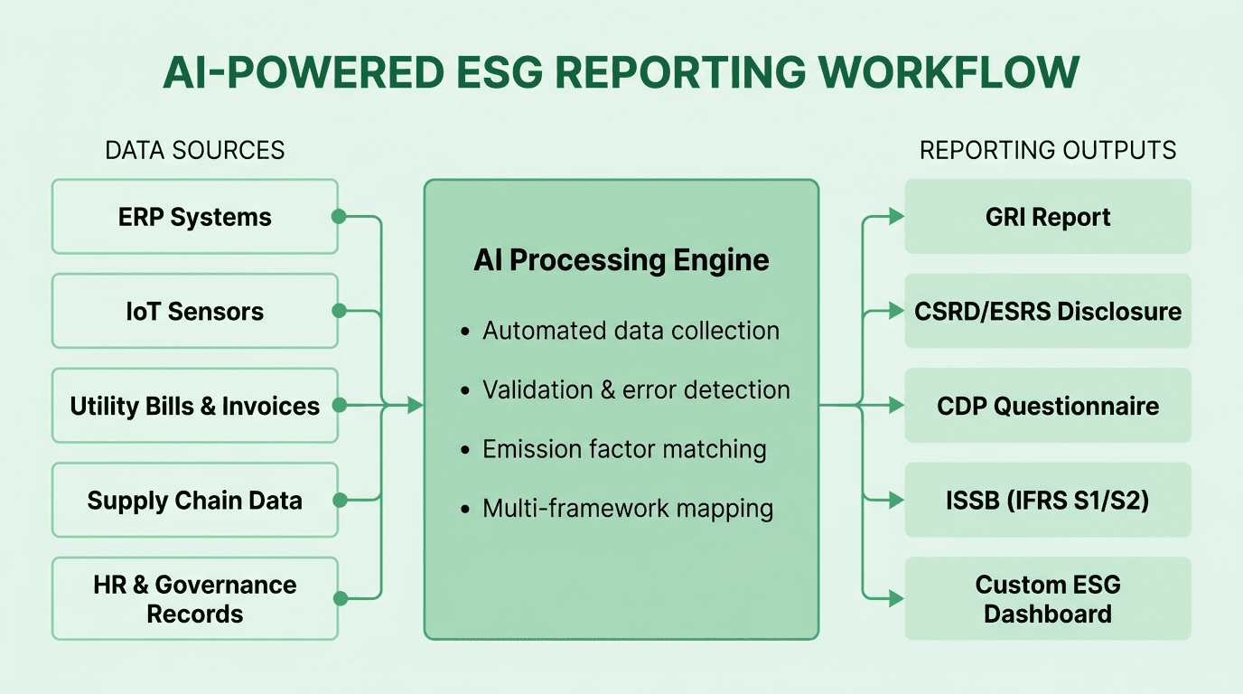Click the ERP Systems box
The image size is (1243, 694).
pos(195,217)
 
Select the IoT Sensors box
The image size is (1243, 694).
pos(195,312)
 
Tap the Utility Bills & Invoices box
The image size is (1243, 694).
pos(195,406)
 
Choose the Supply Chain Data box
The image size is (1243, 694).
pos(195,501)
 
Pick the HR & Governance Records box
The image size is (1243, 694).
pos(195,599)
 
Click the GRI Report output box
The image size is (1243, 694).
pos(1048,217)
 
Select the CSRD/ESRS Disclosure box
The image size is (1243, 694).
pos(1048,312)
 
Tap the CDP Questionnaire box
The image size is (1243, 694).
pos(1048,406)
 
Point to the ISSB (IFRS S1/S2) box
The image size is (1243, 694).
pos(1048,501)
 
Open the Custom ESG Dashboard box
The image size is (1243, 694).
pos(1048,599)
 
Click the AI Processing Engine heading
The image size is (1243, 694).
pos(621,260)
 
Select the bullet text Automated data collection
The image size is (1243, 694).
pos(631,331)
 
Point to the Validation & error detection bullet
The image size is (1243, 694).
pos(636,390)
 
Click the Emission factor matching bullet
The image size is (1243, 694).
pos(624,449)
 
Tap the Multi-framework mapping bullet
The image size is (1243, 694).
pos(628,509)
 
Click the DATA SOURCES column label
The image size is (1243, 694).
pos(195,150)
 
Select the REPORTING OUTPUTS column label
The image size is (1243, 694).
pos(1048,150)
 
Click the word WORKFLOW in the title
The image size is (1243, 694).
pos(934,72)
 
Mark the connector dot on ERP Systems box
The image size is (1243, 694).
pos(339,217)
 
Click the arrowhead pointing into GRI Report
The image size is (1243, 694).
pos(896,217)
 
